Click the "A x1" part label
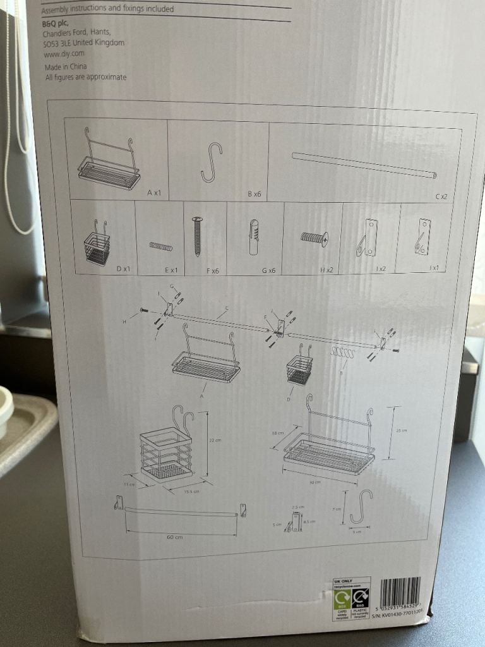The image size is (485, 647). pyautogui.click(x=154, y=192)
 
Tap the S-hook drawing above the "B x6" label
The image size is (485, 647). pyautogui.click(x=212, y=162)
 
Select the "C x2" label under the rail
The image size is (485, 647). pyautogui.click(x=441, y=197)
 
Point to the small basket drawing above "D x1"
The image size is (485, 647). pyautogui.click(x=97, y=244)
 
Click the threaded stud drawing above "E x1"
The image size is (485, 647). pyautogui.click(x=160, y=246)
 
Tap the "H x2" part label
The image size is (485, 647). pyautogui.click(x=326, y=270)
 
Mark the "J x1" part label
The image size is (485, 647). pyautogui.click(x=434, y=268)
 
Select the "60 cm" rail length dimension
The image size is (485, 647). pyautogui.click(x=174, y=538)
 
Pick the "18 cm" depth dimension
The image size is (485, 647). pyautogui.click(x=277, y=434)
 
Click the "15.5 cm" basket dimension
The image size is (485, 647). pyautogui.click(x=191, y=492)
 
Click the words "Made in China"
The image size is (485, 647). pyautogui.click(x=66, y=66)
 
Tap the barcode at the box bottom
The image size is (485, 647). pyautogui.click(x=400, y=591)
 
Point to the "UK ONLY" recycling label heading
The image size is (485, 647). pyautogui.click(x=342, y=580)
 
